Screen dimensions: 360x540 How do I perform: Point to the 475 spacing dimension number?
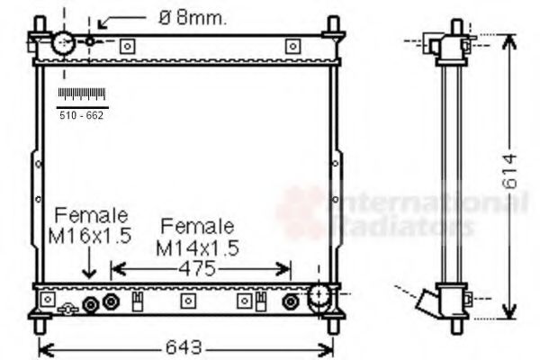pos(201,268)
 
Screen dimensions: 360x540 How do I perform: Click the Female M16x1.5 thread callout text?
pos(91,226)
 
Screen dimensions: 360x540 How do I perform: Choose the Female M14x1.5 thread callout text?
pos(196,237)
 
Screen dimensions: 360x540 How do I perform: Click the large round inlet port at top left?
pos(65,42)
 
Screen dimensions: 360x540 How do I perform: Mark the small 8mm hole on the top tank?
pos(91,41)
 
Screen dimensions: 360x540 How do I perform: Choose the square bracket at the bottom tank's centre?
pos(187,301)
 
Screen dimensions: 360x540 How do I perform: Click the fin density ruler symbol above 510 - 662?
pos(82,94)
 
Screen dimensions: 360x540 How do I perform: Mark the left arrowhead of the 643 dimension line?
pos(45,347)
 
